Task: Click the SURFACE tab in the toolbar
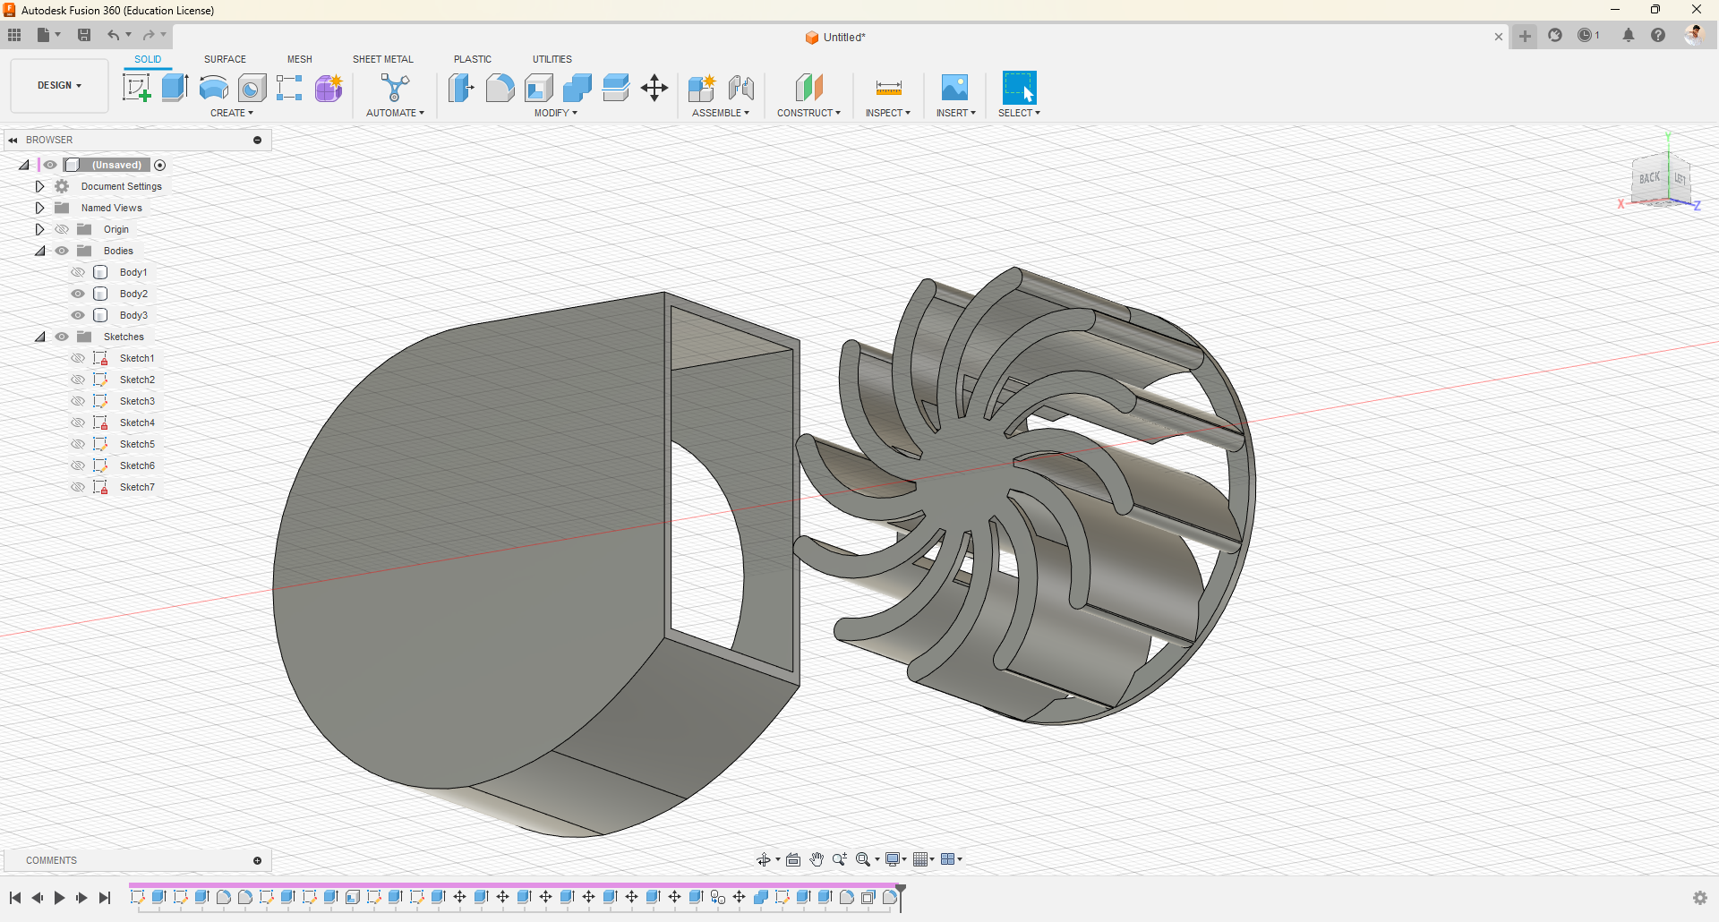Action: (225, 59)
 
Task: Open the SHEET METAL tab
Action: (383, 59)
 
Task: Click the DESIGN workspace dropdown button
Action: (59, 86)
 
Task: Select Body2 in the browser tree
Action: (133, 294)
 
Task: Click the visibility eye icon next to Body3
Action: (78, 315)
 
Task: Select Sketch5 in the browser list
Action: (137, 444)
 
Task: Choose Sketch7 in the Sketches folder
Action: (137, 487)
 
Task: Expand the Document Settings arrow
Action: (39, 186)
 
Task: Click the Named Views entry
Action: (112, 208)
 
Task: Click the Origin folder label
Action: (116, 229)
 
